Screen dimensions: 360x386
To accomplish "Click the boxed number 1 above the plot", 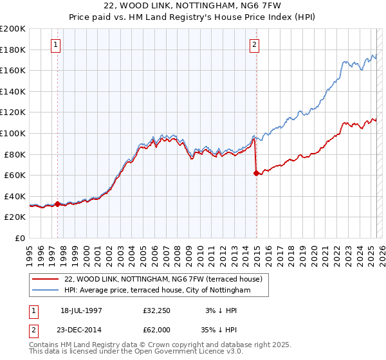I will click(x=57, y=45).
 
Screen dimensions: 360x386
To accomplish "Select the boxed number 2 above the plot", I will click(x=255, y=45).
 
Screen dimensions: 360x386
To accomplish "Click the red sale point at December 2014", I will click(x=256, y=172).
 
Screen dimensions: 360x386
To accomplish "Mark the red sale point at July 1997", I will click(x=58, y=204).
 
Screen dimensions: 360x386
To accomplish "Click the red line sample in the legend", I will click(x=46, y=280).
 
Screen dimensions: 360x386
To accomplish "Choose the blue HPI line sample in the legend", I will click(x=46, y=291).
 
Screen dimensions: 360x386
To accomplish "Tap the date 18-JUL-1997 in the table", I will click(x=81, y=310).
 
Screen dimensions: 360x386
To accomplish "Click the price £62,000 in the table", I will click(x=157, y=329).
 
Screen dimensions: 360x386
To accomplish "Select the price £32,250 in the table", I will click(x=157, y=310).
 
